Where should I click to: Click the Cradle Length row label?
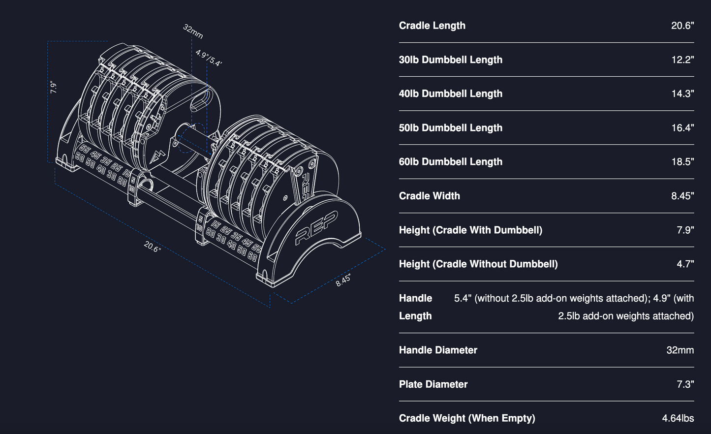432,26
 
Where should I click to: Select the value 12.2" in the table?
682,60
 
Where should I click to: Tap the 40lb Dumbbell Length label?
450,93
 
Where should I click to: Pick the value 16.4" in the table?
682,128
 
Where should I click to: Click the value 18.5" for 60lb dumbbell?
682,162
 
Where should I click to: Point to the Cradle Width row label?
429,196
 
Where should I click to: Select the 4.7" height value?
685,264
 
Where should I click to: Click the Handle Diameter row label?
438,350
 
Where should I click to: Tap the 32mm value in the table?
680,350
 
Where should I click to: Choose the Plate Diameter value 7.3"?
685,384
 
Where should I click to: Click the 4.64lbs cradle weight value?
678,418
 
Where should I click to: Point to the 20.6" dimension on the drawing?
153,247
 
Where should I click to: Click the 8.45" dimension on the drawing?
343,281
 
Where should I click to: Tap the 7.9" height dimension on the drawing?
54,87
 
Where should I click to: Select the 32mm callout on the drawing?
193,31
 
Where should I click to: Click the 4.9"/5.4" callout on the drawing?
209,58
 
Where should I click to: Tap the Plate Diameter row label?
433,384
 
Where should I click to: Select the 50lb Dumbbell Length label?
450,128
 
